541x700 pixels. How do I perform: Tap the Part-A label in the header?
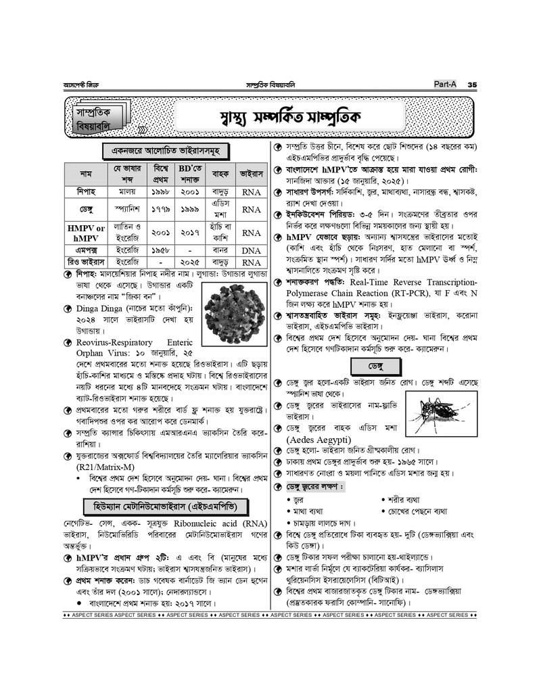[446, 84]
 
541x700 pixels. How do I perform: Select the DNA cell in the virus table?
[251, 250]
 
